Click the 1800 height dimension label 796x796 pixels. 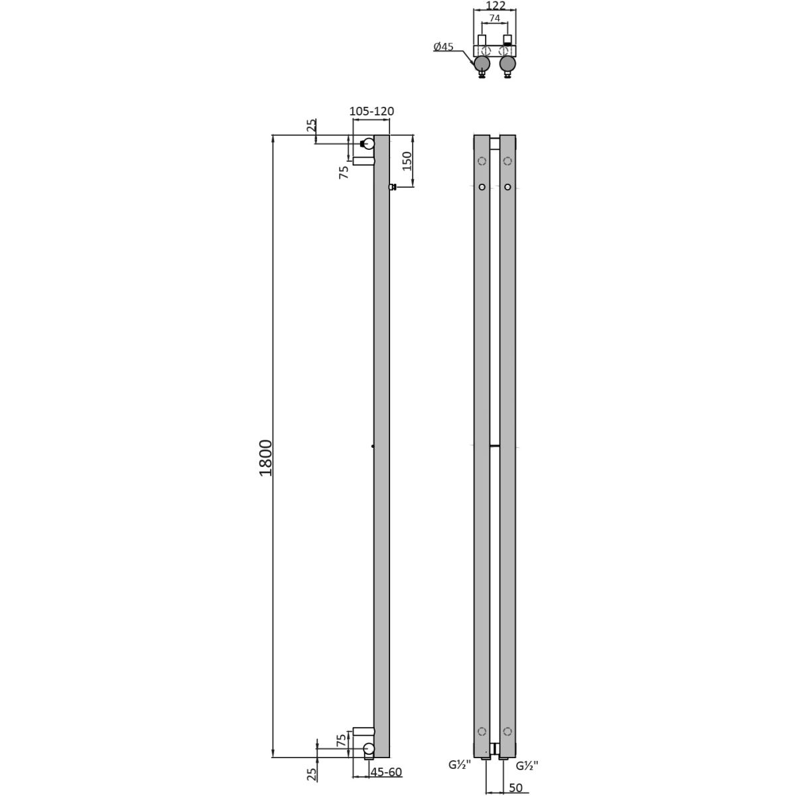[266, 458]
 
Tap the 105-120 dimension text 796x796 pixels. [371, 111]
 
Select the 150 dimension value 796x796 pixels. [407, 161]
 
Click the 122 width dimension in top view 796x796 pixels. [494, 6]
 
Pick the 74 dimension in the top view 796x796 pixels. [494, 18]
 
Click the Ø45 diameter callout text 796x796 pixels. [443, 46]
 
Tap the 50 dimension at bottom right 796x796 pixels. [515, 788]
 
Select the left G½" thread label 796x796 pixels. [460, 765]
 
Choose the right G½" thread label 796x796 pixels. [527, 766]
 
